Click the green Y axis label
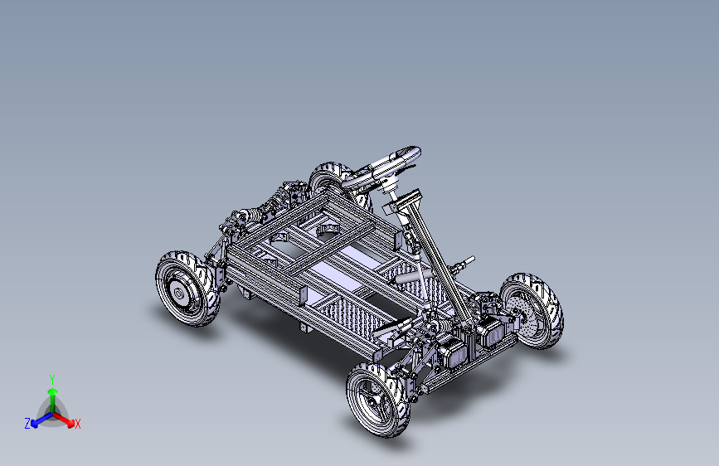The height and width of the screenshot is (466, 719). pyautogui.click(x=52, y=379)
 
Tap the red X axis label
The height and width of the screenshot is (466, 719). pyautogui.click(x=77, y=425)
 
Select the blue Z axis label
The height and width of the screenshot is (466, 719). pyautogui.click(x=27, y=424)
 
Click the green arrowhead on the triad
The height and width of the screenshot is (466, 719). pyautogui.click(x=53, y=391)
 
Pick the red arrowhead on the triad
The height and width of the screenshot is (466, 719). pyautogui.click(x=70, y=422)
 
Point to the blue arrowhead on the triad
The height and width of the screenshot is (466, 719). pyautogui.click(x=35, y=424)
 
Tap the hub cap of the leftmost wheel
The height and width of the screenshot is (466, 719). pyautogui.click(x=178, y=292)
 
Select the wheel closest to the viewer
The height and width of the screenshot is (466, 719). pyautogui.click(x=378, y=400)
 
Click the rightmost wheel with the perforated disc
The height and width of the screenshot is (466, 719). pyautogui.click(x=532, y=311)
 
